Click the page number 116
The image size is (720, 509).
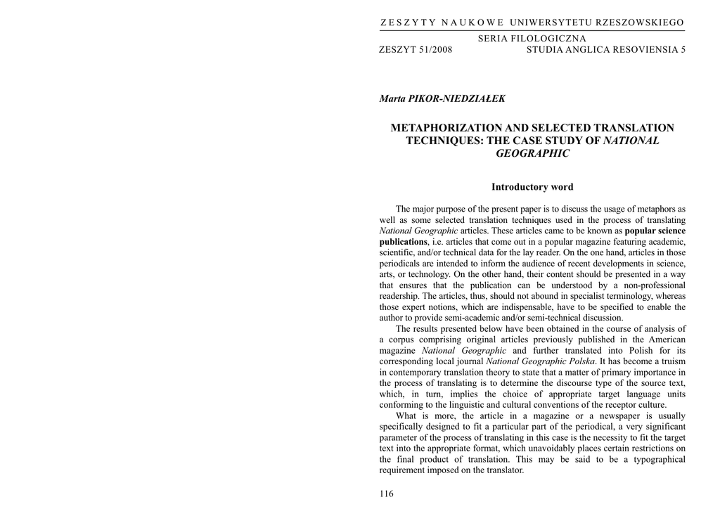[x=387, y=494]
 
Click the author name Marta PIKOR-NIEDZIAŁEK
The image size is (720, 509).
[x=442, y=99]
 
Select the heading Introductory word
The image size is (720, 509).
[x=532, y=187]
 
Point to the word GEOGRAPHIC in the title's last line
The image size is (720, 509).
[x=532, y=153]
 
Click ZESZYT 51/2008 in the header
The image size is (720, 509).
[x=416, y=50]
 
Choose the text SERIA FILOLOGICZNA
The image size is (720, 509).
[x=532, y=39]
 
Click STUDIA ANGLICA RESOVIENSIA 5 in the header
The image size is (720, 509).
[x=605, y=50]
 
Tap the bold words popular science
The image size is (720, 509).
[x=655, y=231]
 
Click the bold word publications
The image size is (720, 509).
[x=403, y=242]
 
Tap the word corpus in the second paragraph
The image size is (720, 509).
[x=406, y=340]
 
